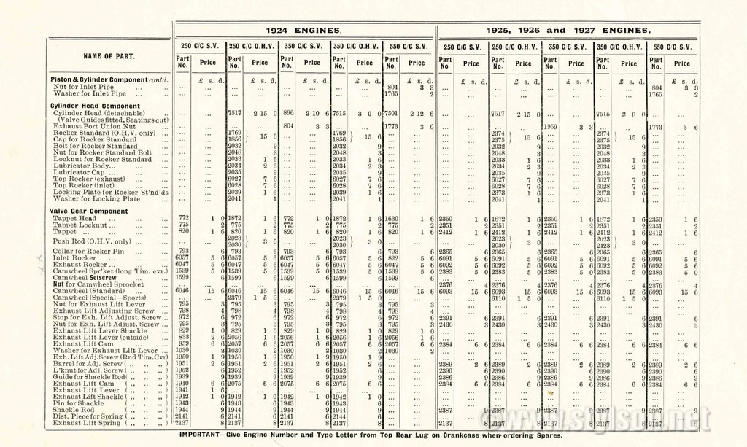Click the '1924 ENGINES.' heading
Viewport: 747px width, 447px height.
click(x=304, y=31)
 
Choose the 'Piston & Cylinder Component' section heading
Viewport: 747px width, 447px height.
click(x=99, y=79)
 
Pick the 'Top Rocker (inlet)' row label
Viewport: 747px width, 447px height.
click(x=84, y=185)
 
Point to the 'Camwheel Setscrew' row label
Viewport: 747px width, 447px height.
click(x=85, y=277)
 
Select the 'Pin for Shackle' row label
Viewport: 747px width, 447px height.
click(x=78, y=403)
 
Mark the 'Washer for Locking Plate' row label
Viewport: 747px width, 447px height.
click(x=96, y=198)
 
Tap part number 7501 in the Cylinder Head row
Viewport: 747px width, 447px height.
click(x=392, y=113)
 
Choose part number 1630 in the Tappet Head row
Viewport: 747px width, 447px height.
click(x=392, y=218)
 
